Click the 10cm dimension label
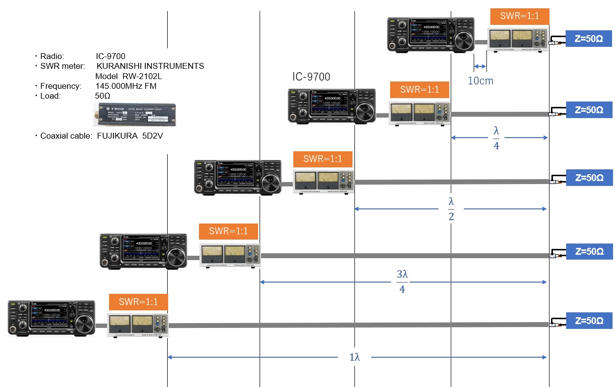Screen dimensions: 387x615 [x=481, y=81]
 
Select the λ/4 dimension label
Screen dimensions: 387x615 [x=496, y=138]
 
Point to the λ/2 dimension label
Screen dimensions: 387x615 [x=451, y=209]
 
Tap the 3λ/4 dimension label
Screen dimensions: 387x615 [x=402, y=282]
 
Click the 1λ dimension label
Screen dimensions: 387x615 [x=354, y=357]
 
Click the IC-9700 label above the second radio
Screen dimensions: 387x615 [x=311, y=77]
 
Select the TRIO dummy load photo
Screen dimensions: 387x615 [x=135, y=116]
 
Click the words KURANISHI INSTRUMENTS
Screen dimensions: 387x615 [x=150, y=66]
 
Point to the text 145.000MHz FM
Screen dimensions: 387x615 [x=126, y=86]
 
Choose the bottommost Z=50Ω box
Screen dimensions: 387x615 [x=589, y=321]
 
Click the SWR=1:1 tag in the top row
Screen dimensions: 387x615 [x=520, y=16]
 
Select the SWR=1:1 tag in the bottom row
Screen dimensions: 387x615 [x=138, y=302]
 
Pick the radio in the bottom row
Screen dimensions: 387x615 [x=51, y=318]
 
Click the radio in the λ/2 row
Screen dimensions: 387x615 [x=238, y=178]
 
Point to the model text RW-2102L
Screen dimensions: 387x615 [x=142, y=76]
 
